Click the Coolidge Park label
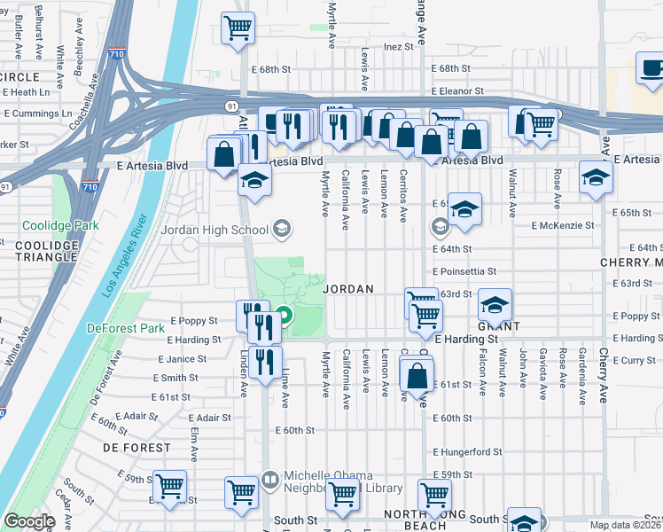[60, 226]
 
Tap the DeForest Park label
[127, 328]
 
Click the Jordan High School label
[214, 231]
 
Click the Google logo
[29, 521]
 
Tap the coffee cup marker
[650, 71]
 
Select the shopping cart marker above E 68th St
[238, 29]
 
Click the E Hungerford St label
[467, 452]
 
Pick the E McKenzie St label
[563, 226]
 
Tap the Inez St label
[399, 46]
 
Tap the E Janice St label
[183, 359]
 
